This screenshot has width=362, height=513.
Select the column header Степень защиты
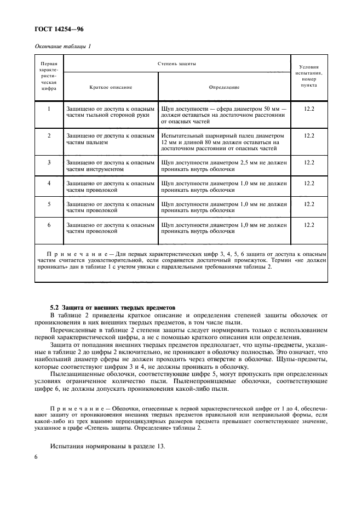tap(177, 64)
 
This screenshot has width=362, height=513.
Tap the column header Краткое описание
tap(111, 87)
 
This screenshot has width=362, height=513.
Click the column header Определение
tap(224, 87)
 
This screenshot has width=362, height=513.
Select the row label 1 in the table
tap(49, 109)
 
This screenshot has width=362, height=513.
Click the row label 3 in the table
tap(49, 163)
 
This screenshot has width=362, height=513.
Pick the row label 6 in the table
tap(49, 224)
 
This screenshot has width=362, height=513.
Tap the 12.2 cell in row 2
tap(309, 135)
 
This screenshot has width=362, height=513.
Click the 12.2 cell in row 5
tap(309, 204)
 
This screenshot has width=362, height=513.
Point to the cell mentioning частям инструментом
tap(110, 166)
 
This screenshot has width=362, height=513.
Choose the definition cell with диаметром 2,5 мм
tap(224, 166)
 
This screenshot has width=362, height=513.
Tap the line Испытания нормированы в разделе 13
tap(107, 447)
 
